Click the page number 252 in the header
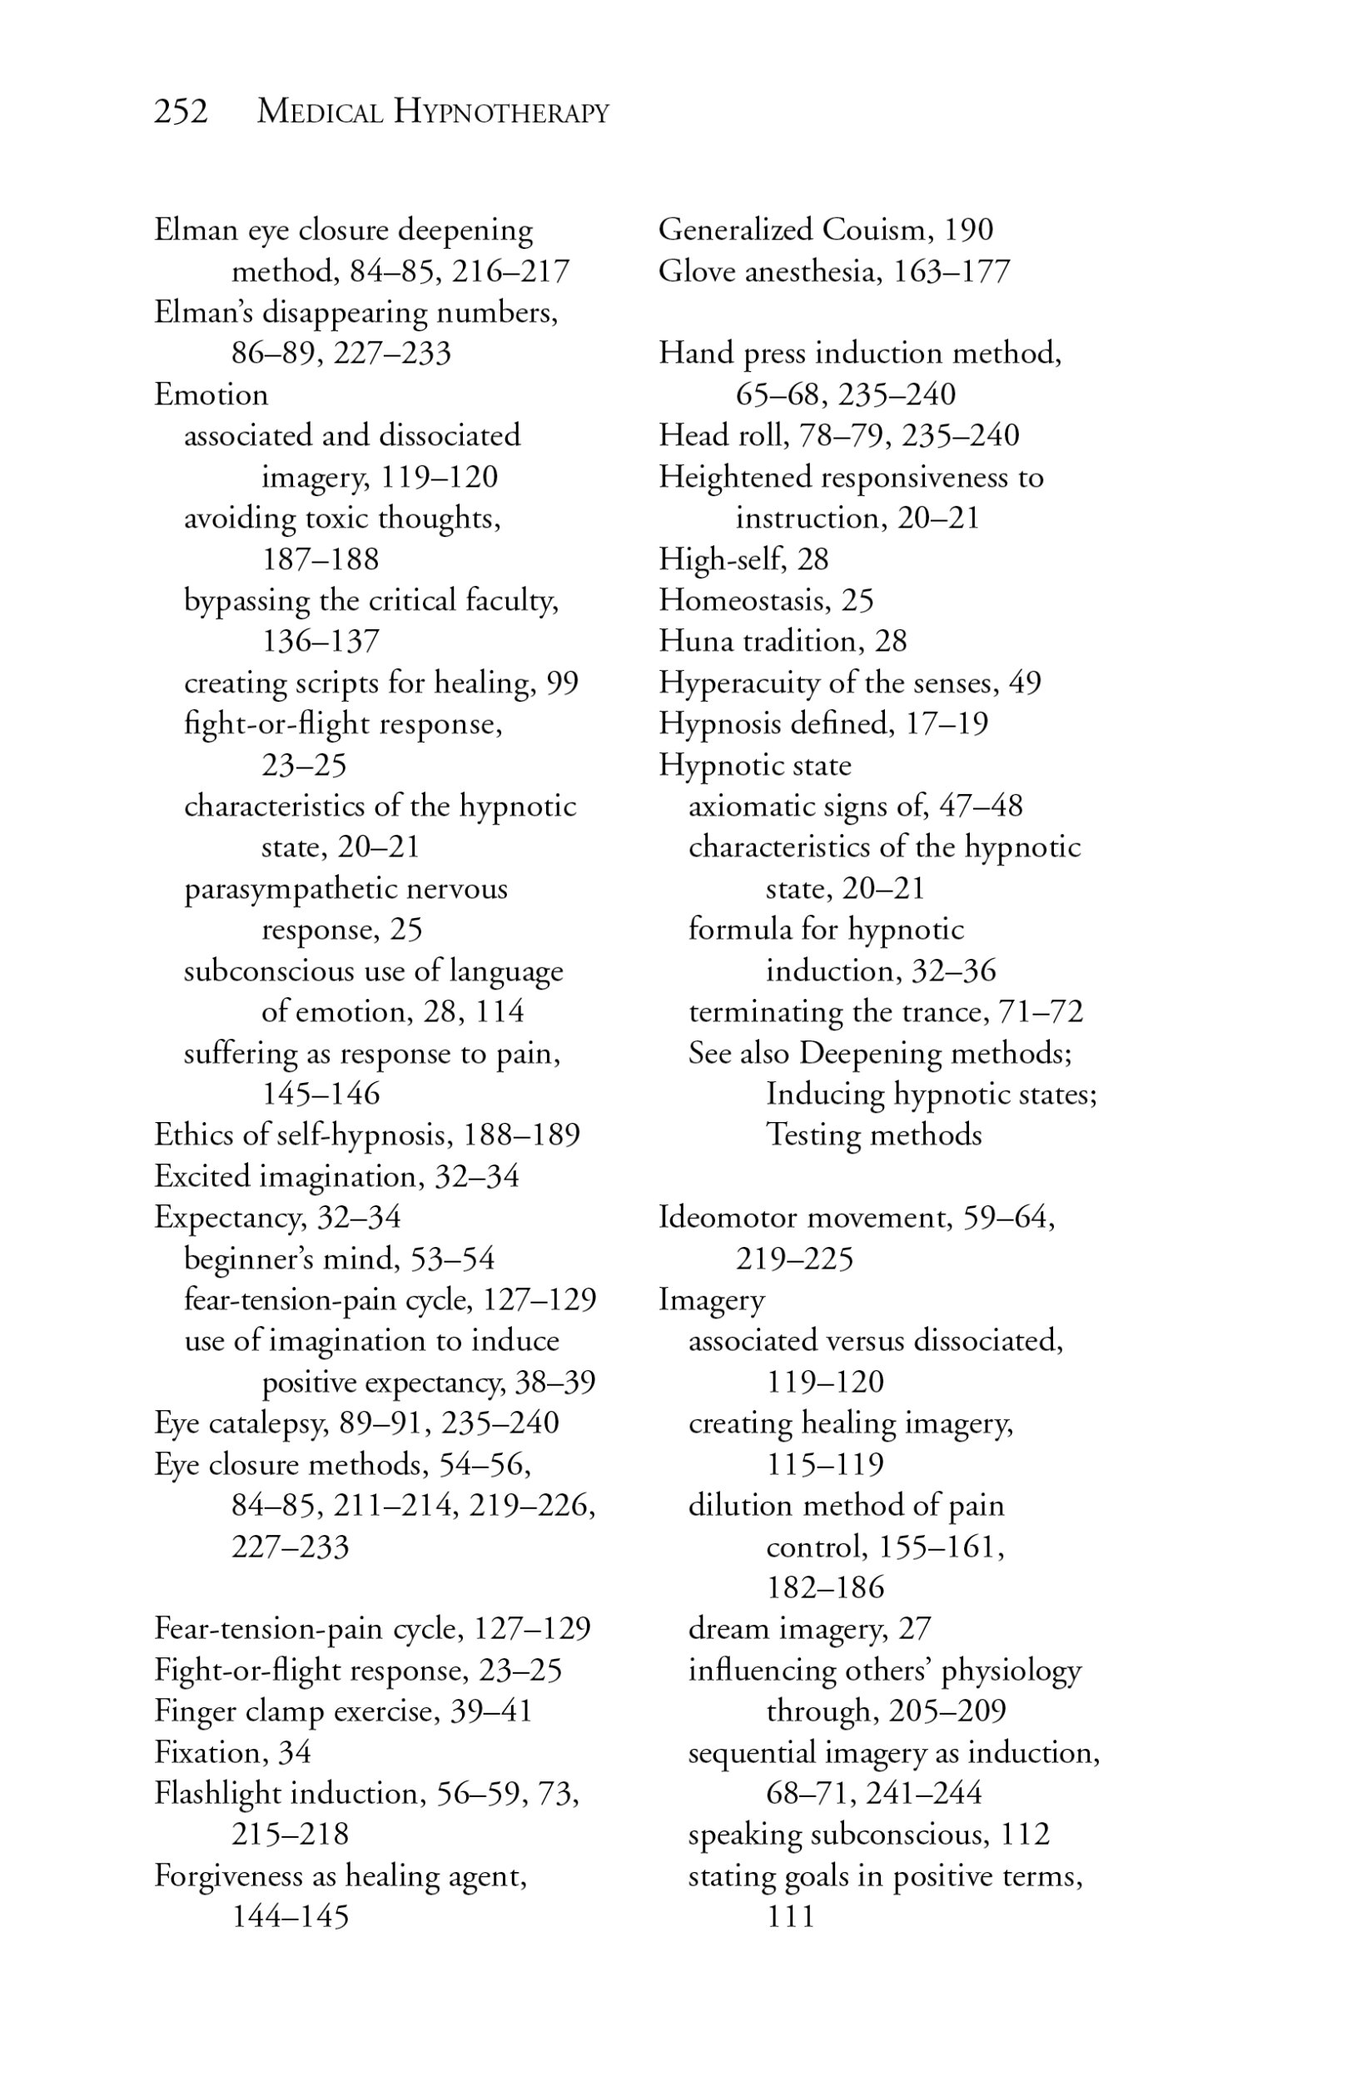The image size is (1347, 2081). coord(181,112)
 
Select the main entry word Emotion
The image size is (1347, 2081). coord(211,395)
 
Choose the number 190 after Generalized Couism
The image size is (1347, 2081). coord(968,229)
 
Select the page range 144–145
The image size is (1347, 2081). coord(290,1917)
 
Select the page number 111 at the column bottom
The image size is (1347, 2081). coord(791,1917)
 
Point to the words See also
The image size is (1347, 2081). coord(738,1053)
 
